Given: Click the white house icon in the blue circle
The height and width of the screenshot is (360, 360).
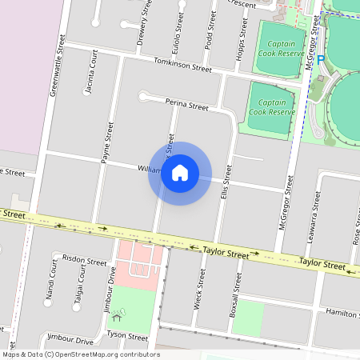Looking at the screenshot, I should click(180, 173).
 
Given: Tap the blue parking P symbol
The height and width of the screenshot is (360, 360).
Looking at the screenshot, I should click(321, 59).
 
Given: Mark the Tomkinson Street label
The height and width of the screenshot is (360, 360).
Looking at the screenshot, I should click(183, 66).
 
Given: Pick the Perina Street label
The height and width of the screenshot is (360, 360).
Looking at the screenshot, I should click(186, 105).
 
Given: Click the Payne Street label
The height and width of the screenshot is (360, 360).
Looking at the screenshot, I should click(106, 143).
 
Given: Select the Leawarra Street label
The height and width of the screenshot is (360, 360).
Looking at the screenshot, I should click(317, 214).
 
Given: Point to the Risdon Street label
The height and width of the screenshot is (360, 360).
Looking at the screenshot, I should click(85, 262).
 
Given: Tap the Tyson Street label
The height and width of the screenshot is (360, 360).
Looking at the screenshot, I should click(128, 337).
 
